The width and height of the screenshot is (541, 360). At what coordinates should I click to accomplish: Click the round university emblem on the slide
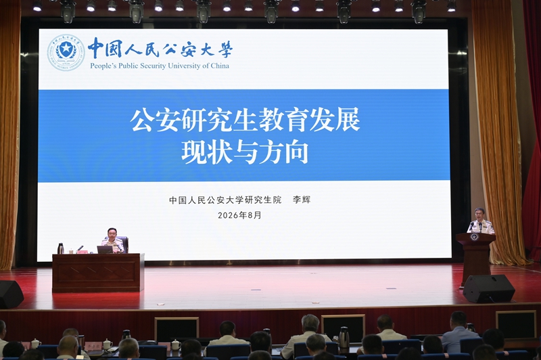tap(66, 53)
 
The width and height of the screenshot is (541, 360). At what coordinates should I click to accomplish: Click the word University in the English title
tap(183, 66)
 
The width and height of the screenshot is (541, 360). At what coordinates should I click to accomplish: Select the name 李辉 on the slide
tap(302, 200)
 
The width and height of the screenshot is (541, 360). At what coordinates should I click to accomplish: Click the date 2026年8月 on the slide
tap(239, 215)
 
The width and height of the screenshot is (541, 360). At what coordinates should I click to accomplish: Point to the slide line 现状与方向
tap(245, 152)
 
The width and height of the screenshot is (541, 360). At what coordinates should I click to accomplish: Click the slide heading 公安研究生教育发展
tap(245, 119)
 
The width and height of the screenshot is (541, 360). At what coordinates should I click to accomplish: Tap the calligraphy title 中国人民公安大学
tap(160, 48)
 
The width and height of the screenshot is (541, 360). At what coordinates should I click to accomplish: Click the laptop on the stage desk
tap(105, 250)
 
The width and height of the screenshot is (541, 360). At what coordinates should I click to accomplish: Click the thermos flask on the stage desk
tap(60, 248)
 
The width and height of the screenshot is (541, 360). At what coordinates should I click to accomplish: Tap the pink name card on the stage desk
tap(82, 252)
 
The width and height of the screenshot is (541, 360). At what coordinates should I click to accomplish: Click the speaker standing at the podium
tap(480, 221)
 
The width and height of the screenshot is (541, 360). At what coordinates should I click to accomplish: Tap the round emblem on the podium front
tap(474, 237)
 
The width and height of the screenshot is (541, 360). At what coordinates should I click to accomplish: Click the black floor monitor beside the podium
tap(488, 288)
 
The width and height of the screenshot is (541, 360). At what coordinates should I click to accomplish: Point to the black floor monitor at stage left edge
tap(10, 294)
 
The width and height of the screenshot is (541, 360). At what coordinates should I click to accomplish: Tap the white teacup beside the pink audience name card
tap(108, 344)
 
